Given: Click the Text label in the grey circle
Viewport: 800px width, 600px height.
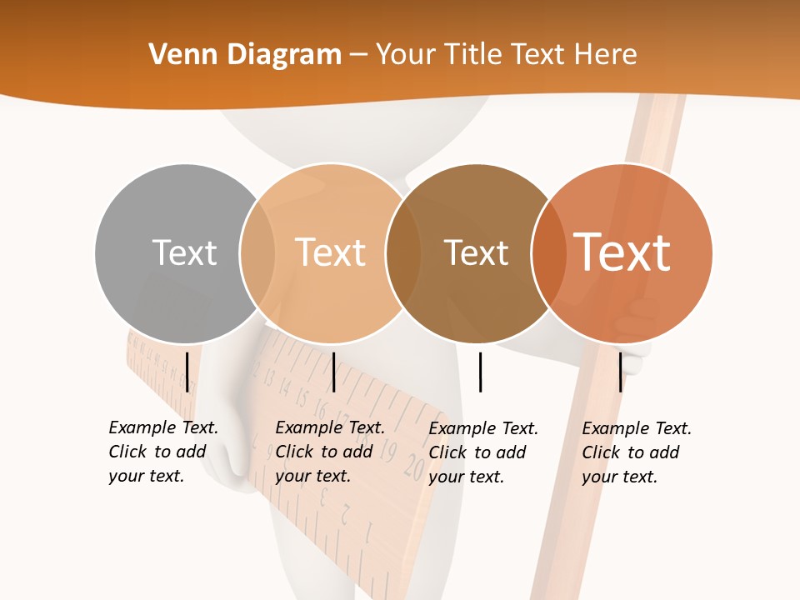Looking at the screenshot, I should (x=184, y=252).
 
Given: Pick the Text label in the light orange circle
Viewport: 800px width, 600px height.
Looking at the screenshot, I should (x=331, y=252).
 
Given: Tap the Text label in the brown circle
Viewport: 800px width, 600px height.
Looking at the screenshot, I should (x=476, y=253).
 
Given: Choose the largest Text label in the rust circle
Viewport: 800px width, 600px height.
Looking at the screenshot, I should (x=622, y=252).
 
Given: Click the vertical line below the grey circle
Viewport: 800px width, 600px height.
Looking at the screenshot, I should (x=187, y=372).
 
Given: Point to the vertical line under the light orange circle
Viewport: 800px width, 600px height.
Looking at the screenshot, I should (x=333, y=372).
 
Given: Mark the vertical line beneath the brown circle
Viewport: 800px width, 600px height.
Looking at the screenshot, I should (x=480, y=372).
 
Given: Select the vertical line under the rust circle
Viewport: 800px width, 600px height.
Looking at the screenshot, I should (x=621, y=372).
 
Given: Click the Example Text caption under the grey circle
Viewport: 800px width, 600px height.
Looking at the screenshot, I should (x=163, y=452).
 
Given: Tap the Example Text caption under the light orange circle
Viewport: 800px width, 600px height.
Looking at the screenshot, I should (x=330, y=452).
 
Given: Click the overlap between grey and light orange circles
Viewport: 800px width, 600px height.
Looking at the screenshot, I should (x=257, y=252).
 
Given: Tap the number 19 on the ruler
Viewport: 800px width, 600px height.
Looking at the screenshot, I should (x=388, y=453).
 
